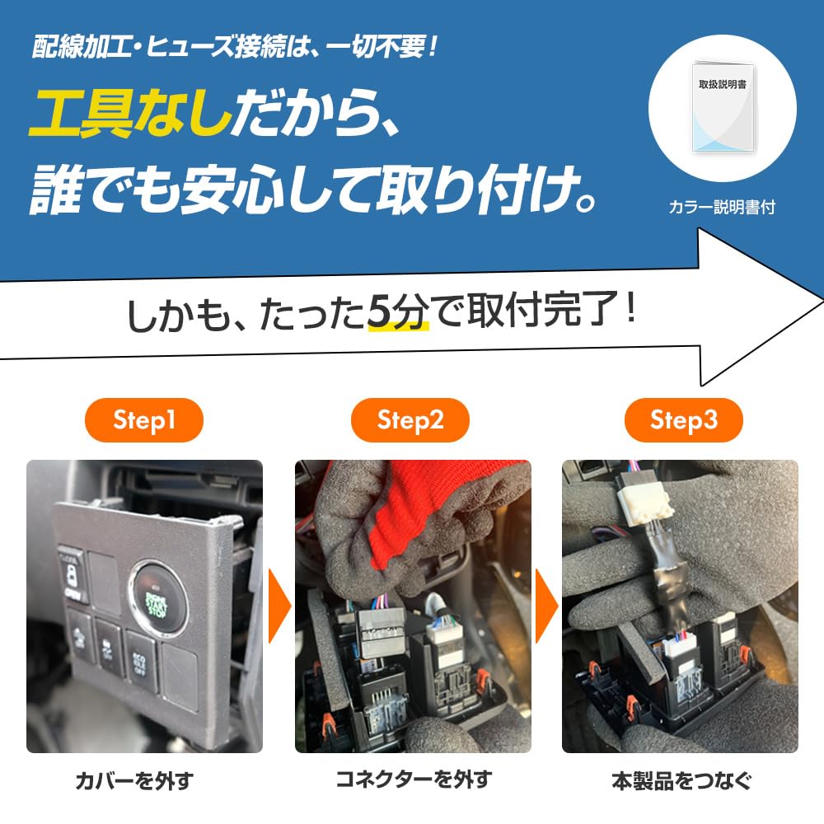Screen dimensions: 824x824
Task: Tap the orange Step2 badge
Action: (x=410, y=421)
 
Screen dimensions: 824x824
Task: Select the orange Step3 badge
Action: (x=683, y=421)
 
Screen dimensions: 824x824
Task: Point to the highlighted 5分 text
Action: (x=399, y=314)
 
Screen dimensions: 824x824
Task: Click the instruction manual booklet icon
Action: (x=723, y=107)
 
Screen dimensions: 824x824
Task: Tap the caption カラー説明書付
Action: (x=722, y=208)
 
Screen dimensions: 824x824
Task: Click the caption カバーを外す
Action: (x=144, y=780)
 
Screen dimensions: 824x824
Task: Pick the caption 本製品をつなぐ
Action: (x=681, y=780)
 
